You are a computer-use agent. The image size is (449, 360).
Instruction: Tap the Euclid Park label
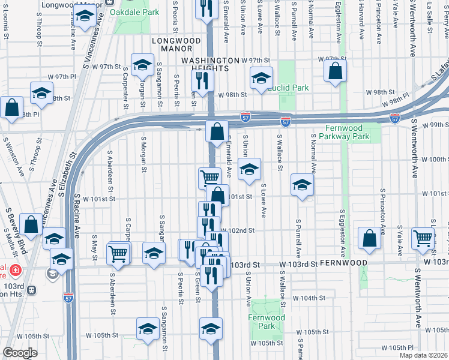[x=288, y=88]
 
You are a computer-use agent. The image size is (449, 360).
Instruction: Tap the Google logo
[x=20, y=353]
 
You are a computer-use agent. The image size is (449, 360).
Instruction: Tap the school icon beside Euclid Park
[x=261, y=79]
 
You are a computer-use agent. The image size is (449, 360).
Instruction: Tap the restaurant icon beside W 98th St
[x=205, y=80]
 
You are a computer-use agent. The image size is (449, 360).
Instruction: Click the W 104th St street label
[x=308, y=298]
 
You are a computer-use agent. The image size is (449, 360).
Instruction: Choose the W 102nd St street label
[x=239, y=230]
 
